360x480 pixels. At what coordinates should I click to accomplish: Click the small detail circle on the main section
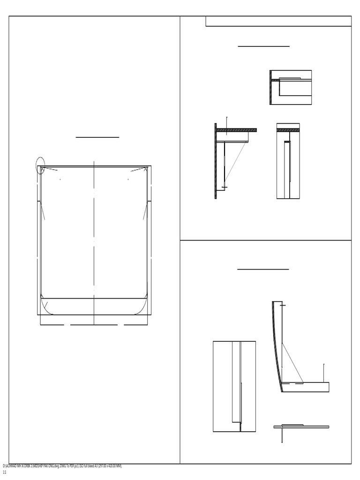coord(41,166)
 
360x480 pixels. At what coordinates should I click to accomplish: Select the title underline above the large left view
coord(97,137)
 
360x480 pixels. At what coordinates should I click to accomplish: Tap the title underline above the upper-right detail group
coord(263,46)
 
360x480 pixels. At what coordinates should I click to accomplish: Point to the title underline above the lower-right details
coord(263,270)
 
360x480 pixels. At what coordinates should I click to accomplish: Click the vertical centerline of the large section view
coord(94,234)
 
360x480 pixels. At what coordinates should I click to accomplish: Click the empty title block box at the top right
coord(278,21)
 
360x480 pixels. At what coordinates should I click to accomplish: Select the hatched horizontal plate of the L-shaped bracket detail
coord(237,130)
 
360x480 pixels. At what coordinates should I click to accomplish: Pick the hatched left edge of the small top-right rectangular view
coord(271,88)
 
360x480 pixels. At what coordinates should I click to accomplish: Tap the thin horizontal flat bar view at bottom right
coord(301,427)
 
